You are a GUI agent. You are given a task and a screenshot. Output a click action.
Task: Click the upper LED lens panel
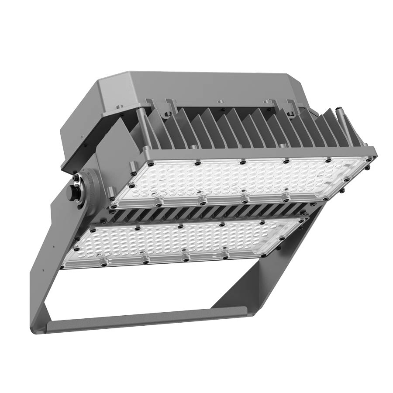tap(240, 179)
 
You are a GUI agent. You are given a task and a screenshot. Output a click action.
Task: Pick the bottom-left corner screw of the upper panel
tap(114, 204)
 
